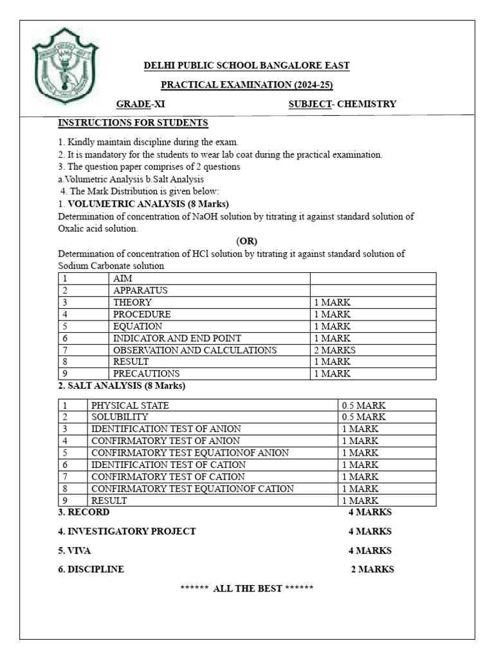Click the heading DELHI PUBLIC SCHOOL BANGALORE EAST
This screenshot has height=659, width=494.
click(246, 66)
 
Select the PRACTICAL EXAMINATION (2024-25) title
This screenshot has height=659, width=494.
click(246, 85)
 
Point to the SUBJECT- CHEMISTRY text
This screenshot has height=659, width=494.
click(342, 104)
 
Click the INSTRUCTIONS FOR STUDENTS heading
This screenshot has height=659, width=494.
click(133, 123)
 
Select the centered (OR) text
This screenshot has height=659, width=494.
click(246, 241)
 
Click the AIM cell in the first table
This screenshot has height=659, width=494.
click(123, 279)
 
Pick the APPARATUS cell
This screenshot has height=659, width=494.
click(140, 290)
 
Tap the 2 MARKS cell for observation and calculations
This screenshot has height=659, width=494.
click(334, 350)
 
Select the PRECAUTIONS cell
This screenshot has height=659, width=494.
click(147, 374)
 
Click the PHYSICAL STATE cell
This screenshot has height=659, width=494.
click(131, 405)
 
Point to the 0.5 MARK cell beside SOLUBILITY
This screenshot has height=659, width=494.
click(363, 417)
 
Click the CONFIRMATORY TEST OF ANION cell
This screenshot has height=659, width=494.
click(165, 441)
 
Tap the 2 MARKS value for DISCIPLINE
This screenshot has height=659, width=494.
click(372, 570)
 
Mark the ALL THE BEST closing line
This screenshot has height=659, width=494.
click(246, 589)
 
